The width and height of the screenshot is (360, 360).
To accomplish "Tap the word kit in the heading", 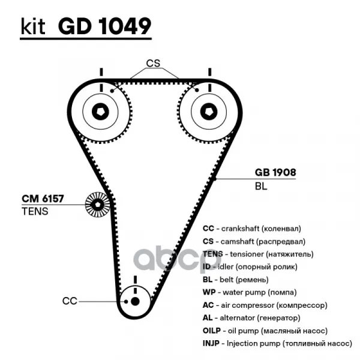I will click(x=34, y=26).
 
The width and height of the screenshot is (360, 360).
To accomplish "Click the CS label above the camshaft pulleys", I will click(x=154, y=63).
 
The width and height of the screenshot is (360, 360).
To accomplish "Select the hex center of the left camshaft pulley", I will click(x=100, y=112).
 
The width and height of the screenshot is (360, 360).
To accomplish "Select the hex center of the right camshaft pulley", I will click(x=207, y=112).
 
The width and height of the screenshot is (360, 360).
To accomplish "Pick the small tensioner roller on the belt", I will click(x=96, y=205).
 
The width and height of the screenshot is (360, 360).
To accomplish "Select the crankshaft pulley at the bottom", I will click(x=134, y=301).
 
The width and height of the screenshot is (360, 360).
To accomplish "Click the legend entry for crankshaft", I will click(x=251, y=229).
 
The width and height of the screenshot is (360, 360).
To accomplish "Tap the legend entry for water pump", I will click(x=252, y=292).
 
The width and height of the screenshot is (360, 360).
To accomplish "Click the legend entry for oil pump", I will click(x=264, y=331).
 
